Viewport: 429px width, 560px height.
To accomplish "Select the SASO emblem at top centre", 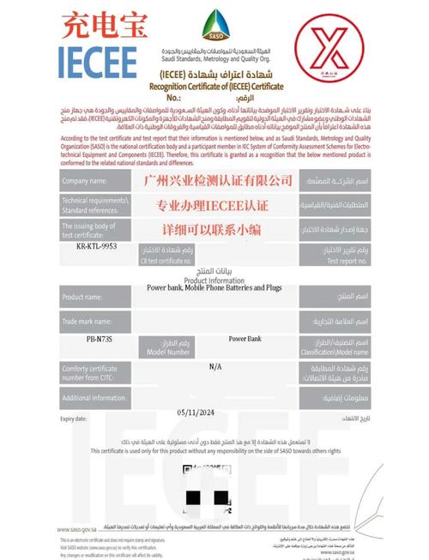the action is pos(212,27).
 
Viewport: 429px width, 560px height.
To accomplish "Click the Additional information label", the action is pos(94,397).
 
